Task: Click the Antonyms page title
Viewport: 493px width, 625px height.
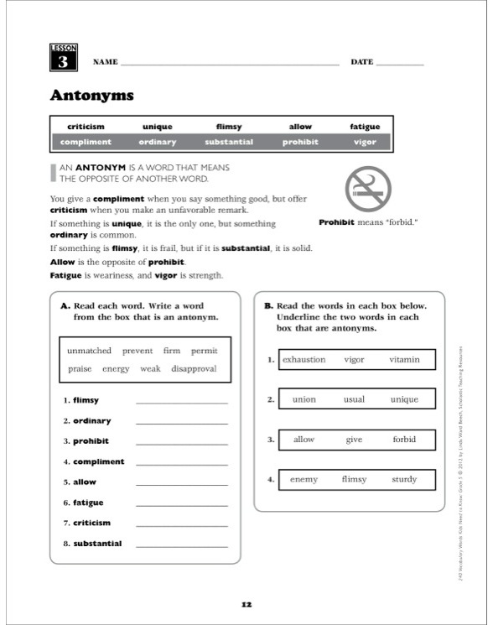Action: tap(92, 96)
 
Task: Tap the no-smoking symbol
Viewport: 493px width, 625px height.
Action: tap(367, 189)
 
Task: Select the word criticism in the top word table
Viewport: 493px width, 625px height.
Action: tap(86, 127)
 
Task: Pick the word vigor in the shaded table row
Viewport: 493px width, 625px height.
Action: tap(365, 142)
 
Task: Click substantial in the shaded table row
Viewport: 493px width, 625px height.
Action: tap(229, 142)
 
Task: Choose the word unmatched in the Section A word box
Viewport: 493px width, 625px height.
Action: tap(90, 351)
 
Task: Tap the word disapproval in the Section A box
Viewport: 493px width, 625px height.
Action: tap(194, 368)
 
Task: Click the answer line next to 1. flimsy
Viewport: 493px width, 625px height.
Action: tap(181, 402)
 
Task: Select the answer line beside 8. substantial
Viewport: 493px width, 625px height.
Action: tap(181, 545)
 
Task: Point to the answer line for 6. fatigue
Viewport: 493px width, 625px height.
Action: tap(181, 504)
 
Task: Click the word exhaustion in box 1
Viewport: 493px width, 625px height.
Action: tap(304, 360)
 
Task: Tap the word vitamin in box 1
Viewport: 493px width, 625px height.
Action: tap(404, 360)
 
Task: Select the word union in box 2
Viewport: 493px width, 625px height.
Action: tap(304, 399)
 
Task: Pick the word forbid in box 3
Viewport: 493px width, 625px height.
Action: tap(404, 440)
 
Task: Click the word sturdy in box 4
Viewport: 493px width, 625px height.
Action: tap(404, 479)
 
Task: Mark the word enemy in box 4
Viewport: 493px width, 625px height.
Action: tap(304, 479)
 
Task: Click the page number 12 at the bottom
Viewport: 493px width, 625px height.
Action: tap(246, 604)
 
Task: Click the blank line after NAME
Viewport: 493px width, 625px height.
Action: tap(231, 63)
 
